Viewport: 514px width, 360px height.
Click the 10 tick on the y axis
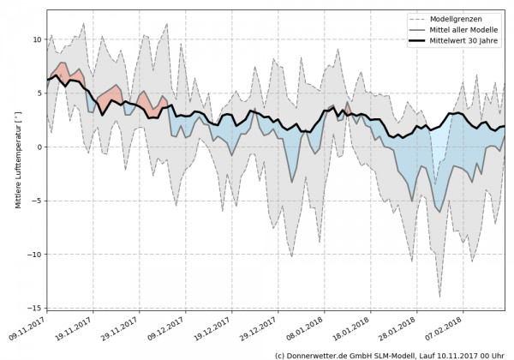tap(37, 39)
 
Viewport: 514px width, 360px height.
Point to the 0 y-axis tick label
tap(39, 147)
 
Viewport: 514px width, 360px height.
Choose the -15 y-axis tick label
tap(34, 307)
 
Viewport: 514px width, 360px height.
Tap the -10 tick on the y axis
tap(34, 254)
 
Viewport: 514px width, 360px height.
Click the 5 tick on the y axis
tap(39, 93)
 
